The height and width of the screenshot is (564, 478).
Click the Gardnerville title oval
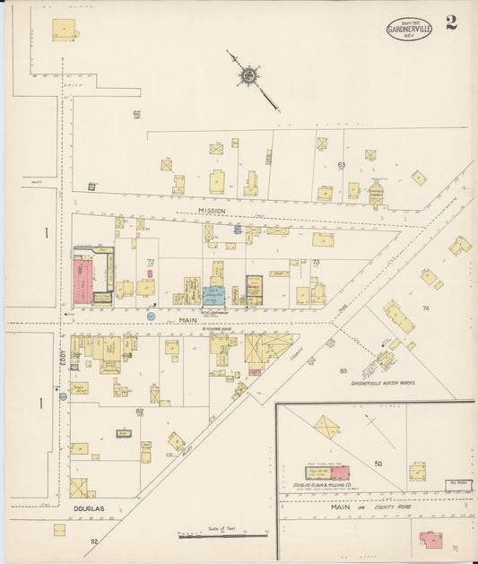pyautogui.click(x=409, y=29)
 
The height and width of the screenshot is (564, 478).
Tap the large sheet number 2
pyautogui.click(x=451, y=22)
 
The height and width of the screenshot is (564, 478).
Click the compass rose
pyautogui.click(x=247, y=76)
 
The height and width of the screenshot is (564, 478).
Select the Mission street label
pyautogui.click(x=213, y=211)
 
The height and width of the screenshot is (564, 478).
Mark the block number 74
pyautogui.click(x=426, y=308)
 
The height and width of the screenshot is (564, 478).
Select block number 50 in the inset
pyautogui.click(x=378, y=464)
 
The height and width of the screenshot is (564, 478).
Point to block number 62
pyautogui.click(x=137, y=114)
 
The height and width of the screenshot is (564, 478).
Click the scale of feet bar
pyautogui.click(x=222, y=536)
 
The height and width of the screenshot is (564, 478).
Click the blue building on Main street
pyautogui.click(x=213, y=296)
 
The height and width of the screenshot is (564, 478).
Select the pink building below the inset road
pyautogui.click(x=430, y=540)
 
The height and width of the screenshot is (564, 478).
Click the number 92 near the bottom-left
pyautogui.click(x=93, y=542)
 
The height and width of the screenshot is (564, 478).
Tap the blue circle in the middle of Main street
pyautogui.click(x=151, y=317)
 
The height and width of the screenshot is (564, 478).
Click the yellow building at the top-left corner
pyautogui.click(x=64, y=30)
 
